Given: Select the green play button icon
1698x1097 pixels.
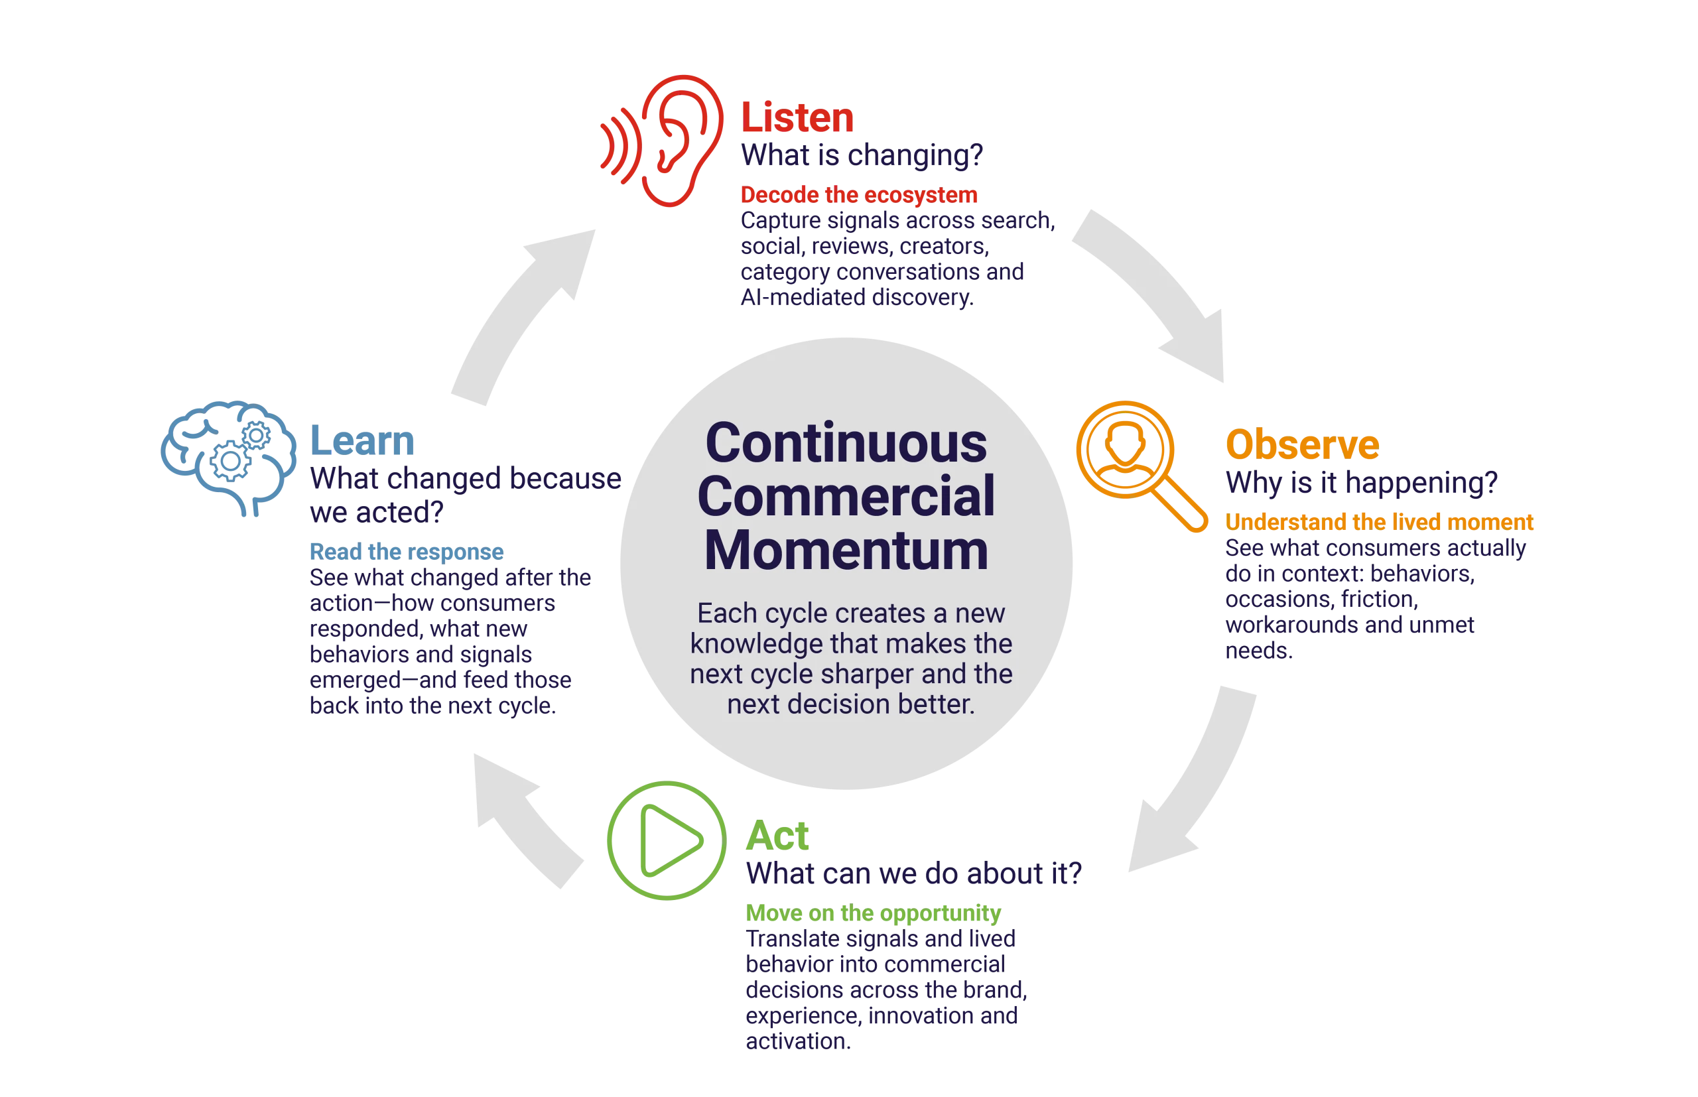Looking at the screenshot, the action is click(667, 840).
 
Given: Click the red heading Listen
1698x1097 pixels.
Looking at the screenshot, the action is click(797, 117).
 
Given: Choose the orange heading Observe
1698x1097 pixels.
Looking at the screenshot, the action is click(1302, 444).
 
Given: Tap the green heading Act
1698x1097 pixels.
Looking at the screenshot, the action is click(777, 836).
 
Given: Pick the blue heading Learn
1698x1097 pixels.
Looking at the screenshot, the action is click(362, 440).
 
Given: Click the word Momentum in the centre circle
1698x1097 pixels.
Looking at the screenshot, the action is click(846, 550).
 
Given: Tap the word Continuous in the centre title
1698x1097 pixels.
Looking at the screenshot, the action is click(846, 443).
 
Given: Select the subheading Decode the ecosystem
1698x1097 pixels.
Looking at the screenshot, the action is click(859, 194).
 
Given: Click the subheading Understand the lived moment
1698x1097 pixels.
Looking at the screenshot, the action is click(1379, 522).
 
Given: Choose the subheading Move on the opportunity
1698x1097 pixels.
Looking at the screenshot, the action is click(874, 913).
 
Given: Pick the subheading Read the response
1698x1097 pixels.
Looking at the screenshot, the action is click(407, 551).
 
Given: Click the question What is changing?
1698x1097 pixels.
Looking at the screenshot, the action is click(862, 155).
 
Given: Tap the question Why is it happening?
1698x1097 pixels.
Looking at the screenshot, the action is click(1361, 483).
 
